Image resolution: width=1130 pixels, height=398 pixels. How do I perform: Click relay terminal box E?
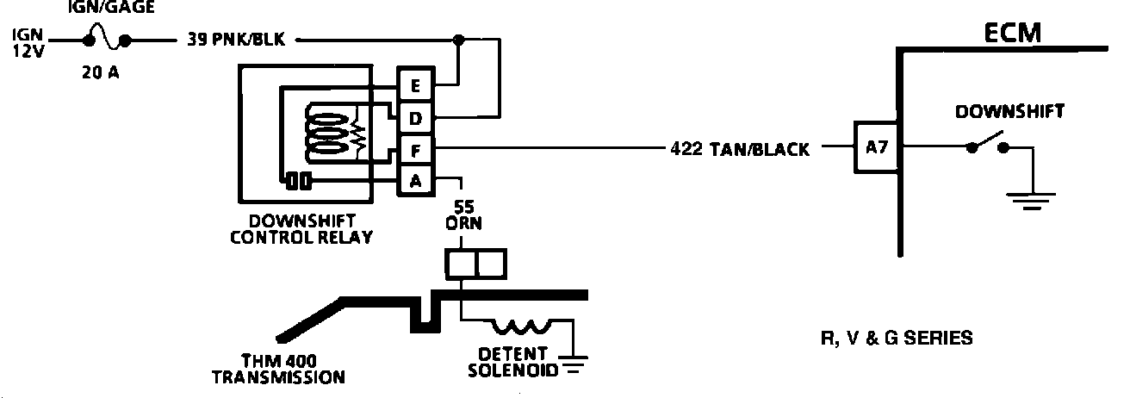(416, 86)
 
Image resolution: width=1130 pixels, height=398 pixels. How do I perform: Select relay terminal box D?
(416, 117)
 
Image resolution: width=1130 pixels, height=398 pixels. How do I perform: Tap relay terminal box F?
(416, 149)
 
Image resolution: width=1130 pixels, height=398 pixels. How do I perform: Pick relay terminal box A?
(416, 180)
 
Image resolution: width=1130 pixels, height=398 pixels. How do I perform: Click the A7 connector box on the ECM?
(876, 147)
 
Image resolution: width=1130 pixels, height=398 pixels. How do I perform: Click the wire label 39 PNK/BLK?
(236, 40)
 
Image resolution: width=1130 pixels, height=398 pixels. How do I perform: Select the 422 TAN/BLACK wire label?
(740, 149)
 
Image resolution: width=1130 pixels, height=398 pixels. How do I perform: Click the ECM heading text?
(1013, 33)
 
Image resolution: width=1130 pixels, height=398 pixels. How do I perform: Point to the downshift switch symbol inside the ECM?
(988, 143)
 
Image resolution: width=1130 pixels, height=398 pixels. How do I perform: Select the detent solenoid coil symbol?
(522, 327)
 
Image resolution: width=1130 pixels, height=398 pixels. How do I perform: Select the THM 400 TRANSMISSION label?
(278, 368)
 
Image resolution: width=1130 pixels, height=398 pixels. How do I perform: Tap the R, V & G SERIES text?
(897, 338)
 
